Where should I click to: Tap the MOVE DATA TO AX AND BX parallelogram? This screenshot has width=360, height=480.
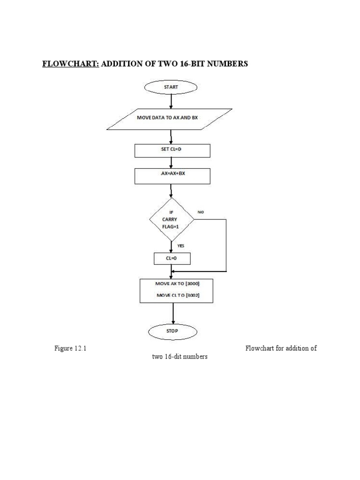click(169, 119)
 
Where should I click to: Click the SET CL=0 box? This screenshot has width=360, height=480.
click(172, 150)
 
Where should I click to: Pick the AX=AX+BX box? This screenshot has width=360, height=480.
click(172, 176)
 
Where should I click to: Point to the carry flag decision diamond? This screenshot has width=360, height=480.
click(171, 219)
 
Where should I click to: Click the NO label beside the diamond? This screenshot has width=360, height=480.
click(201, 212)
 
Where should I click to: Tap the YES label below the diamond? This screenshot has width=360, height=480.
click(180, 245)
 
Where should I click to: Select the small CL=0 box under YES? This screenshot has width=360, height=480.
click(172, 258)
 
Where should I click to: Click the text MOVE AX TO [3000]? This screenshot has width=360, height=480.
click(177, 284)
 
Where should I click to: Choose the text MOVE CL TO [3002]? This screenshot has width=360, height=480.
click(177, 296)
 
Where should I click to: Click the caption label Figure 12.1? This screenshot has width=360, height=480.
click(70, 348)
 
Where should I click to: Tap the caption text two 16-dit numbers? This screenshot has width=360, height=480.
click(180, 357)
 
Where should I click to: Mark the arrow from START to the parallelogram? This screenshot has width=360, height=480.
click(171, 101)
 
